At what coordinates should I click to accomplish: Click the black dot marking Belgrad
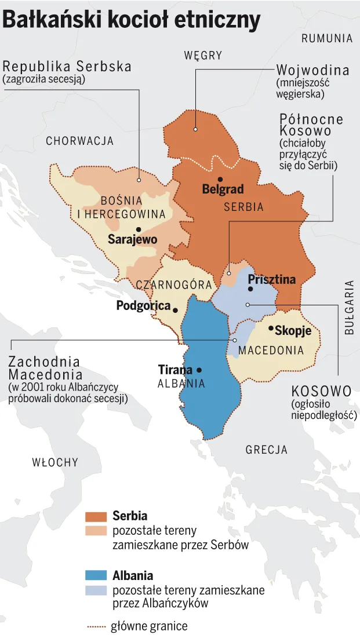220,179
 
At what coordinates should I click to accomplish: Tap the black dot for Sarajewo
138,229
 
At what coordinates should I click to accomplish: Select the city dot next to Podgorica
174,309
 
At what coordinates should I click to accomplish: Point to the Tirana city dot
199,370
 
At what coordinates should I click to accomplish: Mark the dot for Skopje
271,329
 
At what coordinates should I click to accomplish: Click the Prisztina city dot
250,289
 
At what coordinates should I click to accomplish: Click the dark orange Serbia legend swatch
96,516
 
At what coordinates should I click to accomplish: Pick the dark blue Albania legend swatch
96,575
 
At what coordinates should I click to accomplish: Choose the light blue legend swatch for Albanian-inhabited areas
96,590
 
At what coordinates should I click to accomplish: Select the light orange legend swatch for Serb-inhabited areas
96,530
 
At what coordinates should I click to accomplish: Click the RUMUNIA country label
327,39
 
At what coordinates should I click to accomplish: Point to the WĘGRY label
203,56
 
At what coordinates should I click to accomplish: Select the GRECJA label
266,450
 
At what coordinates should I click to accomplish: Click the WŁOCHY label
55,462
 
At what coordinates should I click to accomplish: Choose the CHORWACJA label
79,141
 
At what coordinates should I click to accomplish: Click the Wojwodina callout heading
312,71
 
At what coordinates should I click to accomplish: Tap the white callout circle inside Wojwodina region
196,129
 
